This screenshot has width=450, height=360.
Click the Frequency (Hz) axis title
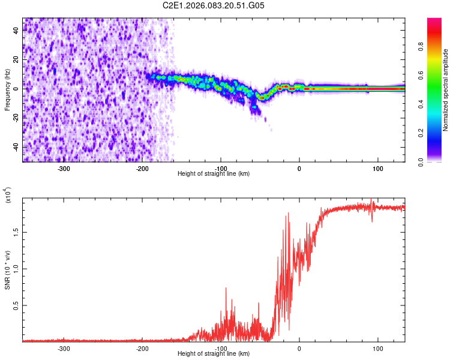[7, 90]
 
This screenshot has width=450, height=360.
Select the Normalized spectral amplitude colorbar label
[445, 91]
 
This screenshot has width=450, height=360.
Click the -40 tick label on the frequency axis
[16, 147]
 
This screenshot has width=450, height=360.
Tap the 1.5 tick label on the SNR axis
[17, 231]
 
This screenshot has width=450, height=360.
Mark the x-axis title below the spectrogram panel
[214, 174]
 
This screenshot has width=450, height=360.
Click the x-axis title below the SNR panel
[214, 354]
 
